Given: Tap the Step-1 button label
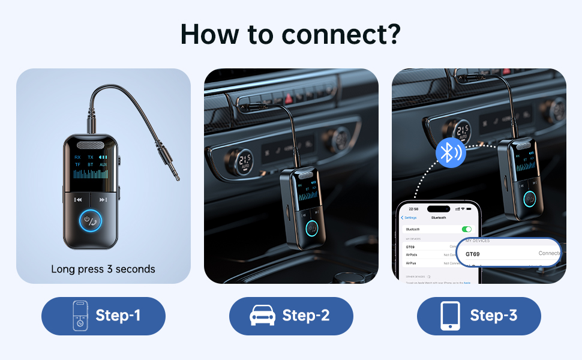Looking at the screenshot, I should coord(118,316).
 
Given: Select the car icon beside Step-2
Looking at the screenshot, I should coord(262,316).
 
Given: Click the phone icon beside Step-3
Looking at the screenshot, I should coord(450,316).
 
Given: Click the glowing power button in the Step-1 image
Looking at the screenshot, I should coord(90,220).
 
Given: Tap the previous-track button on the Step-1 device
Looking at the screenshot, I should coord(77,200).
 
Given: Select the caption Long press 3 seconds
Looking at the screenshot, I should coord(103,269).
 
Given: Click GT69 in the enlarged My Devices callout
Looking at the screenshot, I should coord(474,253).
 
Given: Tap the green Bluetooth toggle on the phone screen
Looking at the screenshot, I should coord(466,229).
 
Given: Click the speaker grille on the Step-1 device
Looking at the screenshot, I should coord(90,145).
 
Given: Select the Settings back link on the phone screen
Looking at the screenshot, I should coord(410,217).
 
